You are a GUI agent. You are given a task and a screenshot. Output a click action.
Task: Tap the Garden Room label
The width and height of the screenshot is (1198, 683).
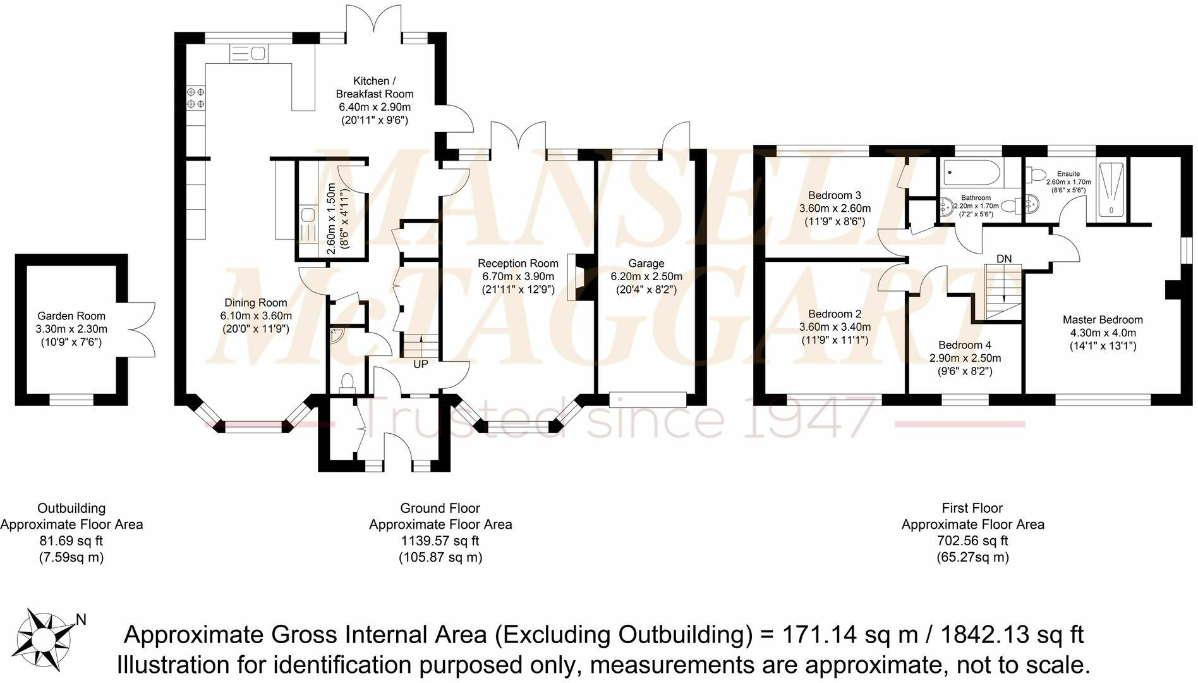71,316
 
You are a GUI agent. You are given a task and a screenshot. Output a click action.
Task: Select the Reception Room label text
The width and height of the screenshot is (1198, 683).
518,264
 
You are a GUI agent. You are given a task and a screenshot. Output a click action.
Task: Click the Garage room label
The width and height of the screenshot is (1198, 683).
646,264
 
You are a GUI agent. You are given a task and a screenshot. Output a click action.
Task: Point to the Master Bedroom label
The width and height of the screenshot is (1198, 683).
1103,320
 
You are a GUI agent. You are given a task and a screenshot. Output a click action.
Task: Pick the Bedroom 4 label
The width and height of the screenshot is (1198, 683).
965,345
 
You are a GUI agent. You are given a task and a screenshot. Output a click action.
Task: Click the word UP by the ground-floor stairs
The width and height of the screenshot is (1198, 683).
421,364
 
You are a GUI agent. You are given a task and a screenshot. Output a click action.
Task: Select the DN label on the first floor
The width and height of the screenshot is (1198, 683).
1004,259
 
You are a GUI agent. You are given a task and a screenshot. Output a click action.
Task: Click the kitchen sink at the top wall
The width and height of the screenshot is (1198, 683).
249,54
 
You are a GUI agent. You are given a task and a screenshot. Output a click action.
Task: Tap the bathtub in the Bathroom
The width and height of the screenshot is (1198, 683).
971,173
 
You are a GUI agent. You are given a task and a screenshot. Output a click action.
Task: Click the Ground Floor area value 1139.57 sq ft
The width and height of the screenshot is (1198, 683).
440,541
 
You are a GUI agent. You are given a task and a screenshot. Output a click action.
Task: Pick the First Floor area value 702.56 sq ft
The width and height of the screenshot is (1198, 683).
973,541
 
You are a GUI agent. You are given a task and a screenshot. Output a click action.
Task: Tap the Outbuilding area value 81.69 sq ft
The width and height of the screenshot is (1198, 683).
71,541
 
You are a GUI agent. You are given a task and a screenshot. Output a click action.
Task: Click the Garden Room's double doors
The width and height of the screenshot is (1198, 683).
142,329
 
